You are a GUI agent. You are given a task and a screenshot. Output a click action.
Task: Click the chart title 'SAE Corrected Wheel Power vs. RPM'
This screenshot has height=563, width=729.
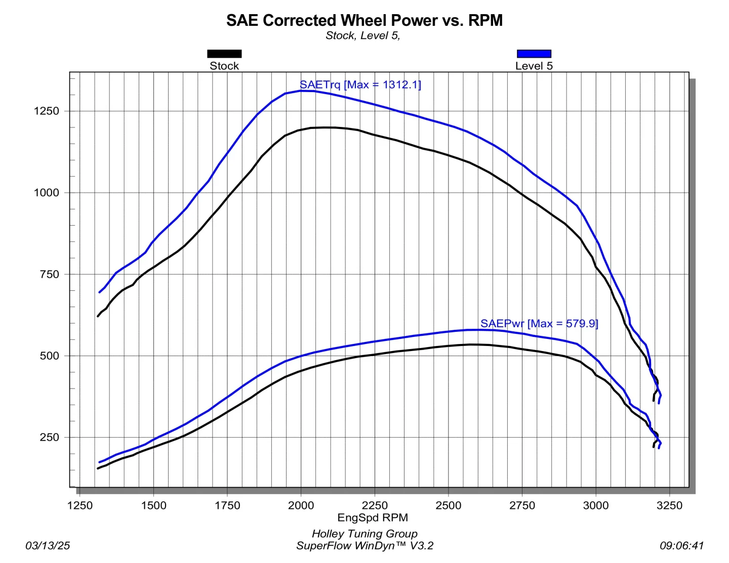tap(364, 20)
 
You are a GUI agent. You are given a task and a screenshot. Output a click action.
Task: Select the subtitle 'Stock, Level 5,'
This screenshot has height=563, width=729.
tap(362, 35)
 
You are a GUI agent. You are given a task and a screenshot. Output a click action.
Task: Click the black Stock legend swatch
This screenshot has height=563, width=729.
tap(224, 54)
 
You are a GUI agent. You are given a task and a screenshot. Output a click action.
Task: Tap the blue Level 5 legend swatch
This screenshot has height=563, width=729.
tap(534, 54)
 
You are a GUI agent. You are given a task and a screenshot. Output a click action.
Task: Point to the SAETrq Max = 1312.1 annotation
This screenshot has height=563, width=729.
tap(360, 84)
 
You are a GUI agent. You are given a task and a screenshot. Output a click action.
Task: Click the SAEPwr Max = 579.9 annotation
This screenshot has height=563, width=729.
tap(539, 323)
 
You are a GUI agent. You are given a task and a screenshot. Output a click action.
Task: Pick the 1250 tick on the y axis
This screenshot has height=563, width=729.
tap(47, 111)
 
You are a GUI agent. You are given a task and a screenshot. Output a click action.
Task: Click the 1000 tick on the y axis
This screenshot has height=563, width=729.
tap(47, 192)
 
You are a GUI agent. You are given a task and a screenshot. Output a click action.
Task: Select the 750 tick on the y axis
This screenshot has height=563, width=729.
tap(50, 274)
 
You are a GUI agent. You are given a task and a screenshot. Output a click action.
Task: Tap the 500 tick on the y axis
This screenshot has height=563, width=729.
tap(50, 356)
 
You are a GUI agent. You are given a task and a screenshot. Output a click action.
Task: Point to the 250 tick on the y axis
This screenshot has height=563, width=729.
tap(50, 437)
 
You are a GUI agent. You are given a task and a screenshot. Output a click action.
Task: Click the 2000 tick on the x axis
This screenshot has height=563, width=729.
tap(301, 505)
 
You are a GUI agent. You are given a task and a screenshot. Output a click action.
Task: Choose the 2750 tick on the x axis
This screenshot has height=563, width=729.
tap(522, 505)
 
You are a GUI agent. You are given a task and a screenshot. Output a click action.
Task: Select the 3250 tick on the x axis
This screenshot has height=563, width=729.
tap(669, 505)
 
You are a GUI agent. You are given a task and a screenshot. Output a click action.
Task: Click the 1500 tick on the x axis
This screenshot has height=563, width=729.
tap(153, 505)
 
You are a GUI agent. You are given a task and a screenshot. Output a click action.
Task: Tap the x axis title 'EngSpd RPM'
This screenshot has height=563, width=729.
tap(373, 517)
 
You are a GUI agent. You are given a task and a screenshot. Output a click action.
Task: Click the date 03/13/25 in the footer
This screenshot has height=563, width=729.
tap(48, 545)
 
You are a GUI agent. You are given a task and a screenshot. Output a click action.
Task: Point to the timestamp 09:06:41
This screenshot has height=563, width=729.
tap(681, 545)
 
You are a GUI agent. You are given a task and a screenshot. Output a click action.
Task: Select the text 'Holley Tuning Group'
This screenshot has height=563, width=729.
tap(364, 534)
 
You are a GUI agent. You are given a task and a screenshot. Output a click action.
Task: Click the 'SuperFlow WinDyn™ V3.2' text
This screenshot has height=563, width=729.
tap(364, 545)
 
